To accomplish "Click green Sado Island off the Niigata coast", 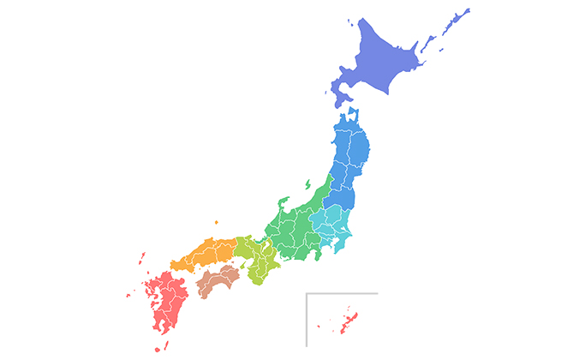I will click(x=307, y=184).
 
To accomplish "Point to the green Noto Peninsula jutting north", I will click(x=284, y=206).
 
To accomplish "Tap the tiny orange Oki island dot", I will click(x=216, y=222).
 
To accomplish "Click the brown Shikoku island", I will click(x=217, y=281).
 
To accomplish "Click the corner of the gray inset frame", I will click(x=307, y=294).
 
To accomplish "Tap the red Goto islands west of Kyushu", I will click(x=128, y=295).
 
